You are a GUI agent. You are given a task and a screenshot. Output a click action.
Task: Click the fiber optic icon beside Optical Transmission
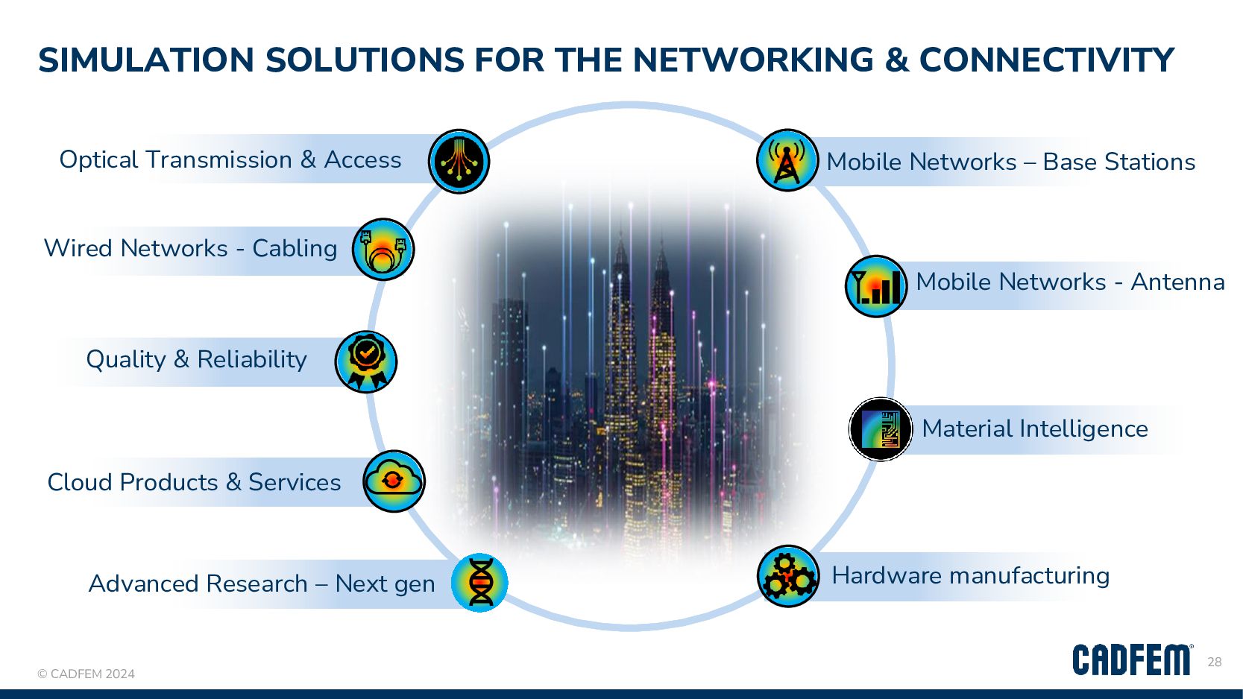tap(459, 162)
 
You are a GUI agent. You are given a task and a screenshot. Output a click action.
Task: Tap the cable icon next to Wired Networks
tap(383, 249)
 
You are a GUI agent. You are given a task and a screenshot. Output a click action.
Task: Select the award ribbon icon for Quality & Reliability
tap(365, 361)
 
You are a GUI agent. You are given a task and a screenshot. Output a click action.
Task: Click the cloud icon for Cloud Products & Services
tap(394, 481)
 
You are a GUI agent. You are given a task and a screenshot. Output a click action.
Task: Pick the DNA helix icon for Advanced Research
tap(479, 583)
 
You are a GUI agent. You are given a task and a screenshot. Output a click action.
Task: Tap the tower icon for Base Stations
tap(787, 160)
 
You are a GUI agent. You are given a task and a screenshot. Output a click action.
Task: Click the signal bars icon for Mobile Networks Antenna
tap(875, 286)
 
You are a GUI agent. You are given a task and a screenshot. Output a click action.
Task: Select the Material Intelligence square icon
tap(881, 429)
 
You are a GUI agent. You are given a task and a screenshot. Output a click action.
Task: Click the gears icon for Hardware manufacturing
tap(788, 576)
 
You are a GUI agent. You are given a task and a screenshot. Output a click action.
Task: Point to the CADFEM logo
tap(1132, 660)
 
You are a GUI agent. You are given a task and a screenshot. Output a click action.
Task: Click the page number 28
tap(1215, 662)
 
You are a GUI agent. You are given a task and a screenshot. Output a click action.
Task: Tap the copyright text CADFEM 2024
tap(86, 674)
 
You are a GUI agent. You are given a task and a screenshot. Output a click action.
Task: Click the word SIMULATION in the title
tap(146, 60)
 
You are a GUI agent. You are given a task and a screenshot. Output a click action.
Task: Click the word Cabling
tap(295, 248)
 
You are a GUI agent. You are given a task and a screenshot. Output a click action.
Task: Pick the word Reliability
tap(252, 360)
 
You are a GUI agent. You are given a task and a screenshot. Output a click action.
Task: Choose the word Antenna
tap(1177, 282)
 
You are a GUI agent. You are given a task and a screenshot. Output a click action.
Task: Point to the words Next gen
tap(385, 583)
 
